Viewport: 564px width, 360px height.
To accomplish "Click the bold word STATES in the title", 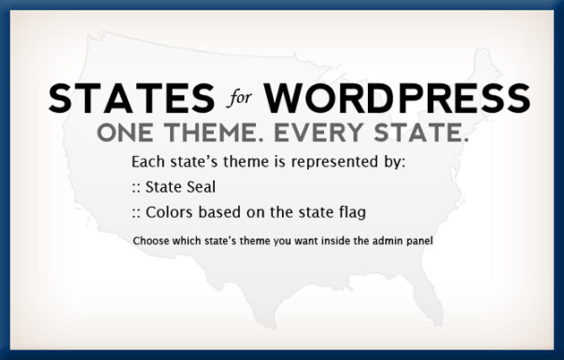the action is (132, 99).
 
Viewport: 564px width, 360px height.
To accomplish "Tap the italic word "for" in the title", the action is (239, 98).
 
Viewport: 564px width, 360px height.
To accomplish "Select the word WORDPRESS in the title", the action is (397, 99).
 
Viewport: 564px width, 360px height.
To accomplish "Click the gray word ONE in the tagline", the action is (125, 133).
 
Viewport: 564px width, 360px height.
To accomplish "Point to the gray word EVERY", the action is (319, 133).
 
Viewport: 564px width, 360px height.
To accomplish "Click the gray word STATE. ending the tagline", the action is (421, 133).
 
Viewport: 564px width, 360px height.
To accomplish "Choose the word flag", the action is (353, 213).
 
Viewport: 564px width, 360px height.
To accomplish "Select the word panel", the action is (420, 241).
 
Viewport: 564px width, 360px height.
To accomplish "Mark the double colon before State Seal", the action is (136, 188).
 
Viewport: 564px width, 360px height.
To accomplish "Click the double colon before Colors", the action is (136, 213).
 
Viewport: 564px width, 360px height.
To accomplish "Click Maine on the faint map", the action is (483, 66).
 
